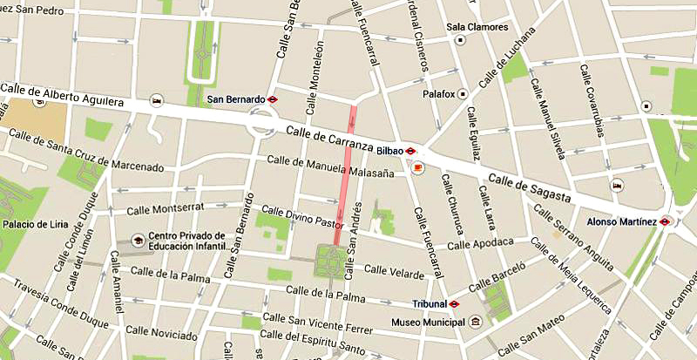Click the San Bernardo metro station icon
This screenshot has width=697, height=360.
coord(272,99)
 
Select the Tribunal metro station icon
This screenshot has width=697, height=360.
coord(453,304)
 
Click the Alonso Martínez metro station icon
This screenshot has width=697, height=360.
coord(666,221)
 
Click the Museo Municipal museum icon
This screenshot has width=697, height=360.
coord(475,320)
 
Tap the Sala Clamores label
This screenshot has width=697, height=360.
coord(477,27)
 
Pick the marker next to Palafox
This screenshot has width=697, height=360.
coord(463,93)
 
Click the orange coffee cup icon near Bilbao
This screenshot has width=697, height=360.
coord(416,166)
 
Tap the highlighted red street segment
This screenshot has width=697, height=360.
coord(346,174)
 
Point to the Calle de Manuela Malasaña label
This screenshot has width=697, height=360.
coord(330,166)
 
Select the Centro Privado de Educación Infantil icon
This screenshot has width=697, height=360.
coord(137,240)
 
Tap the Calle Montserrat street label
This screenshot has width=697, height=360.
coord(164,210)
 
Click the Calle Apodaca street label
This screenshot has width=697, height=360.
coord(476,242)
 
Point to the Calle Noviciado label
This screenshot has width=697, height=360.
coord(163,332)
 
